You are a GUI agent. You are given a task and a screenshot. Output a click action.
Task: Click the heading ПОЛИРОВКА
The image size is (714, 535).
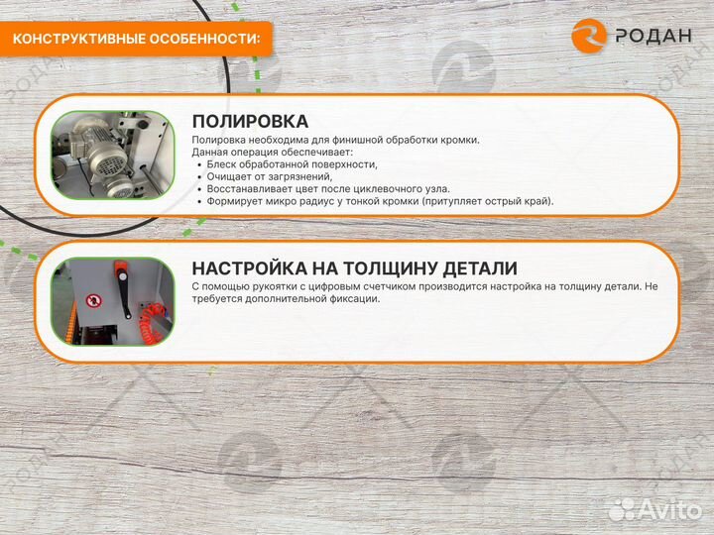250,121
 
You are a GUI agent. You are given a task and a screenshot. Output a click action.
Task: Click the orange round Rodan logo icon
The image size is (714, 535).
589,36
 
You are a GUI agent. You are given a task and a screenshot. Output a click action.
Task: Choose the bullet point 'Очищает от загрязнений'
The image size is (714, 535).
269,176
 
